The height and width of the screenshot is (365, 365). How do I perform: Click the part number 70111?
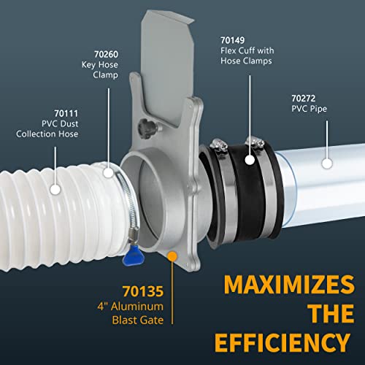(66, 114)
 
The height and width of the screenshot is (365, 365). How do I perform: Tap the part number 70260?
(107, 54)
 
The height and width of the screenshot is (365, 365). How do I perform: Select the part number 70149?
(233, 40)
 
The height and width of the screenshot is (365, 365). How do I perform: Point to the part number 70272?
(304, 99)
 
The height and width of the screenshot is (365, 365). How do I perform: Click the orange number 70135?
(143, 291)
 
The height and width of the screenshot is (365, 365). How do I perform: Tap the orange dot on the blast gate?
(172, 256)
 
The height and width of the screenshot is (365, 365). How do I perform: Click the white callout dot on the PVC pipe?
(327, 164)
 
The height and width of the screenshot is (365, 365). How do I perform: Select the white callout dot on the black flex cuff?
(250, 160)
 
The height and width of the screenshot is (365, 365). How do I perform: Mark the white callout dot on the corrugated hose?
(55, 189)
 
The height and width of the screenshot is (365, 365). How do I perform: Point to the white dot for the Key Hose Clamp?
(108, 172)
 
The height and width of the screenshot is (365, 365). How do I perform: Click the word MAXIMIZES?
(289, 284)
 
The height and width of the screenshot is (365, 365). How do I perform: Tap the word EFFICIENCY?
(283, 342)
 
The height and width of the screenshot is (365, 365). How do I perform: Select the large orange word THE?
(331, 313)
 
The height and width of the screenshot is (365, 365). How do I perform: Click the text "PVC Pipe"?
(309, 109)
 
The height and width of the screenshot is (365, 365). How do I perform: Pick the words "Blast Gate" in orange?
(138, 320)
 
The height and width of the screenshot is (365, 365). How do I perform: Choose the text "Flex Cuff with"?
(247, 50)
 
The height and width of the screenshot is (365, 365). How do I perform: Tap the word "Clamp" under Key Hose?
(105, 75)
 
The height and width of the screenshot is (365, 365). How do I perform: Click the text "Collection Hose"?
(47, 134)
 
